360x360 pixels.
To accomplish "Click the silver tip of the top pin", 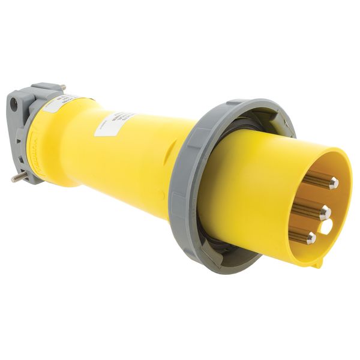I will (x=333, y=182).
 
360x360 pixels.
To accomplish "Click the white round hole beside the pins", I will (x=326, y=226).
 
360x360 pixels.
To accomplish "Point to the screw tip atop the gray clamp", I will (x=63, y=88).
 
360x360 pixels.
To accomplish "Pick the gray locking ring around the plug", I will (x=180, y=198).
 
